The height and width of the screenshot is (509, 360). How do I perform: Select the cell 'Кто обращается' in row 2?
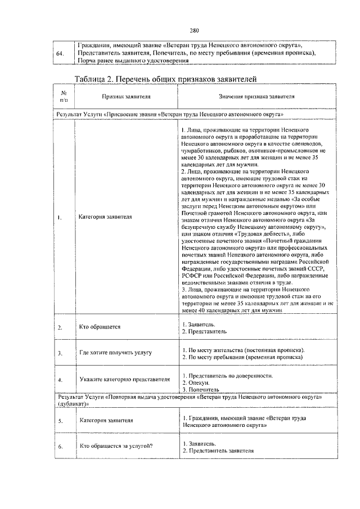(x=100, y=327)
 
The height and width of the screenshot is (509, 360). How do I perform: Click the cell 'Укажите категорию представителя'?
(x=124, y=379)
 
